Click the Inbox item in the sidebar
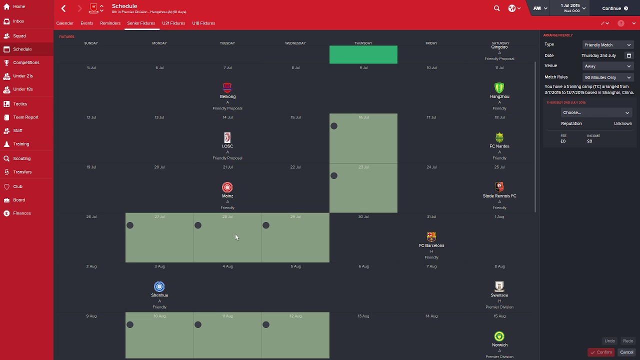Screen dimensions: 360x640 click(x=18, y=21)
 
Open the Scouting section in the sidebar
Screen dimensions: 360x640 click(x=21, y=158)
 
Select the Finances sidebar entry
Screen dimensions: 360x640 click(x=22, y=213)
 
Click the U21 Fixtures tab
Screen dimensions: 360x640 click(x=173, y=23)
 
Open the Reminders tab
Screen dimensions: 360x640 click(x=110, y=23)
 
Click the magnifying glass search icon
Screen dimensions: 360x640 click(x=496, y=8)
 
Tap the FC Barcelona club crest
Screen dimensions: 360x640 click(x=431, y=236)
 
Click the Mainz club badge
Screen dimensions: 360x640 click(x=227, y=187)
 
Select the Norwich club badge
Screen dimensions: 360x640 click(x=499, y=336)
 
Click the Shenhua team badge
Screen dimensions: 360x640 click(x=159, y=286)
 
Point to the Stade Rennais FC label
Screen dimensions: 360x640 click(x=499, y=196)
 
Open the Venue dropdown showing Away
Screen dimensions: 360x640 click(x=607, y=66)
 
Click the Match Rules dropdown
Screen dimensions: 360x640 click(x=607, y=77)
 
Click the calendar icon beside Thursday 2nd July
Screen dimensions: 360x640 click(x=629, y=55)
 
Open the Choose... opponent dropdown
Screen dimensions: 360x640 click(x=595, y=112)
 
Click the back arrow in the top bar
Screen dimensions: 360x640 click(x=63, y=8)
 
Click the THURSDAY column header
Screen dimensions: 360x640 click(x=363, y=43)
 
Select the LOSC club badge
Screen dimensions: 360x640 click(x=227, y=137)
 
